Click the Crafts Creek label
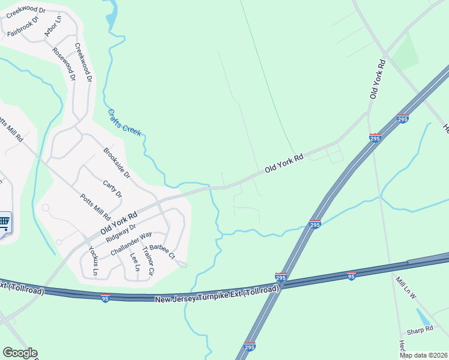click(x=125, y=122)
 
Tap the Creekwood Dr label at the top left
click(x=26, y=10)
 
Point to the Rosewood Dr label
click(x=64, y=64)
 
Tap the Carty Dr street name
click(x=112, y=190)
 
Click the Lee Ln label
click(x=134, y=262)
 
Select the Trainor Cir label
click(x=147, y=263)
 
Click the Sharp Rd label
click(x=420, y=329)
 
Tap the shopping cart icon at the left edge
click(x=4, y=223)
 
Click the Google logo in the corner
click(x=20, y=353)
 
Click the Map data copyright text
click(x=424, y=355)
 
